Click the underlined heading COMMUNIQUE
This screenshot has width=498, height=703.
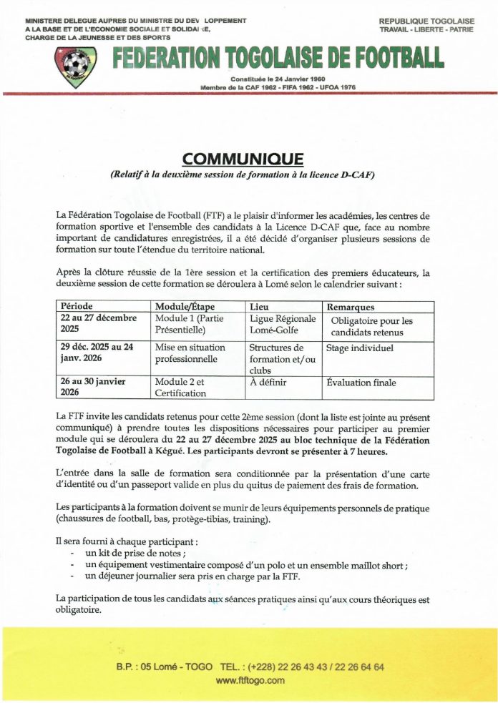(x=243, y=159)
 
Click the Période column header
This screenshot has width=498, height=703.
(x=77, y=307)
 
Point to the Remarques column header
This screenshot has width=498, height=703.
(x=353, y=308)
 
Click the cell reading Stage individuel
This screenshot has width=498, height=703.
(x=359, y=348)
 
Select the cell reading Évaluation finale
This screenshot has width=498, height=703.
(x=361, y=383)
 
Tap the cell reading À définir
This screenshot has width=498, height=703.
(x=268, y=383)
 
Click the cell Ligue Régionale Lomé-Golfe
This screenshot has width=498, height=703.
(x=283, y=325)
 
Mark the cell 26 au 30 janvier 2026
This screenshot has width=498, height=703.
(x=93, y=387)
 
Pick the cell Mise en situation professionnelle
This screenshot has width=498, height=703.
(x=190, y=353)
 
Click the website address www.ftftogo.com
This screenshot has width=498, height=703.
(x=250, y=680)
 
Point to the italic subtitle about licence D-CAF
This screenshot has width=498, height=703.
(x=243, y=174)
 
